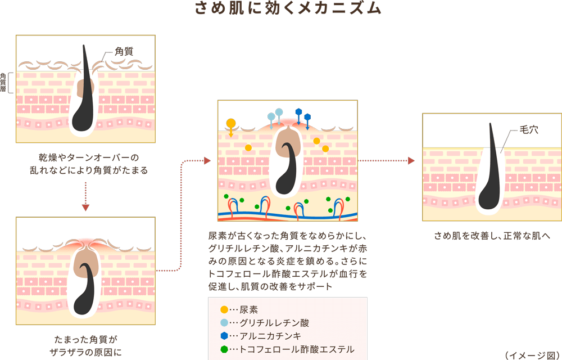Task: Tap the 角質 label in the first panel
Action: (x=124, y=52)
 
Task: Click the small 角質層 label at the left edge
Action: (x=3, y=82)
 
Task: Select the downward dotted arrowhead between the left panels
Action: (x=85, y=208)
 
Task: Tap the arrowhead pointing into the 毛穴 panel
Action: (x=411, y=161)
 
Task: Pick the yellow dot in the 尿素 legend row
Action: (x=224, y=309)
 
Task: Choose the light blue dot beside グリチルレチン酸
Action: (x=224, y=323)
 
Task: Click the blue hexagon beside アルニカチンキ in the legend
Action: (x=224, y=336)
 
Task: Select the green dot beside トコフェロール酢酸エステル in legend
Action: (x=224, y=349)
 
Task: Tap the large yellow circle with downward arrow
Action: (x=230, y=123)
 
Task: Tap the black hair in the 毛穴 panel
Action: (x=490, y=174)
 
